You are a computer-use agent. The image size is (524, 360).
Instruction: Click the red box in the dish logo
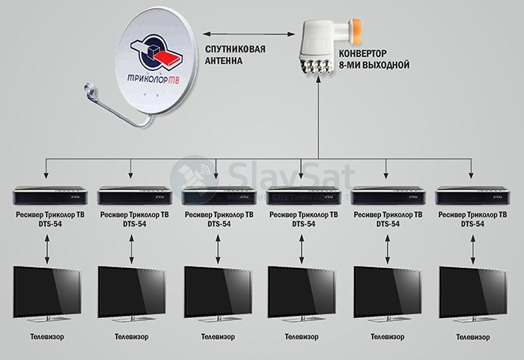pyautogui.click(x=168, y=57)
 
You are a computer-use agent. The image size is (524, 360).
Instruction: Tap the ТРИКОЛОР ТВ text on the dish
pyautogui.click(x=153, y=79)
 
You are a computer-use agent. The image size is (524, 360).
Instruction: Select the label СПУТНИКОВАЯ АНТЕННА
pyautogui.click(x=235, y=55)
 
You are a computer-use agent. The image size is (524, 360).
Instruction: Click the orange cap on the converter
pyautogui.click(x=355, y=31)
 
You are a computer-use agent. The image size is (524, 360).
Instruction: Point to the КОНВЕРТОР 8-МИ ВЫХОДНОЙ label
pyautogui.click(x=374, y=59)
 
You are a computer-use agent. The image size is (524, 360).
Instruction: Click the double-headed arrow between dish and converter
pyautogui.click(x=249, y=34)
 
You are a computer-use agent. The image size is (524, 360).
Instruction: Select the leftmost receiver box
pyautogui.click(x=50, y=195)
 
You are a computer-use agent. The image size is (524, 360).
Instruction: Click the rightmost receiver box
pyautogui.click(x=472, y=195)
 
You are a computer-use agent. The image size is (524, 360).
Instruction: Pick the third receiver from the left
pyautogui.click(x=219, y=195)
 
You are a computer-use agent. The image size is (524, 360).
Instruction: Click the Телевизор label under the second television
pyautogui.click(x=131, y=337)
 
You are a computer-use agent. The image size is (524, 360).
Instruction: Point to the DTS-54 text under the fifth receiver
pyautogui.click(x=388, y=224)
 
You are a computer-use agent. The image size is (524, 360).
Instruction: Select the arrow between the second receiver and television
pyautogui.click(x=131, y=249)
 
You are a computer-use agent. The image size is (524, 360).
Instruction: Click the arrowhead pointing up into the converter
pyautogui.click(x=318, y=80)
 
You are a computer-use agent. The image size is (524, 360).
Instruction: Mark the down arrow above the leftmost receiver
pyautogui.click(x=46, y=168)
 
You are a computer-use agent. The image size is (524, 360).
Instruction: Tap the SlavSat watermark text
pyautogui.click(x=290, y=174)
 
